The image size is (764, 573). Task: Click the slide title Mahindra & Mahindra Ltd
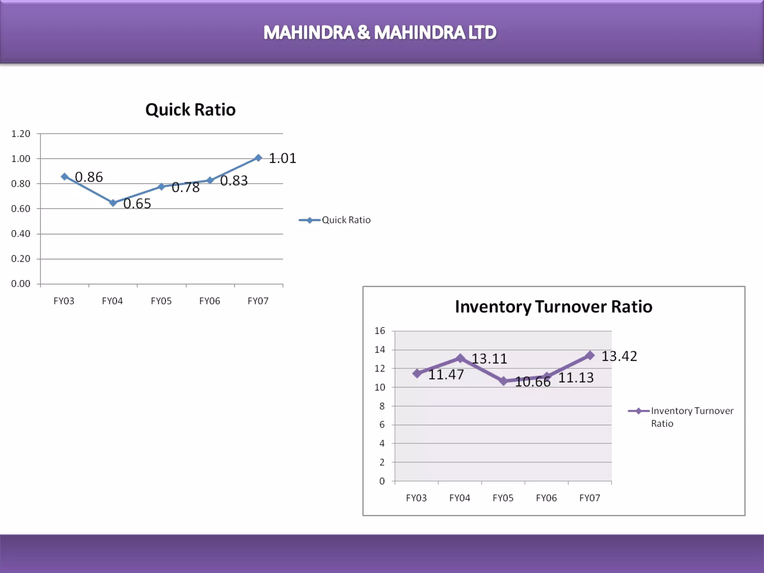point(380,32)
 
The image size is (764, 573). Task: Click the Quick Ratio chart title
point(190,110)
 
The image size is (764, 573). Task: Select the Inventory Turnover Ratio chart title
point(554,307)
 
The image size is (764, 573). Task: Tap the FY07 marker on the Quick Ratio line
point(258,158)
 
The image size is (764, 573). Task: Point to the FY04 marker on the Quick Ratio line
point(113,203)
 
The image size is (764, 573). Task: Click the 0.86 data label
point(89,177)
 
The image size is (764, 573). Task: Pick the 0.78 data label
point(185,187)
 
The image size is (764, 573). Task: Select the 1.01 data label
point(282,159)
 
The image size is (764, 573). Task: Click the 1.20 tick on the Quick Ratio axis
point(21,134)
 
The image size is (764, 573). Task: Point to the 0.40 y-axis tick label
point(21,234)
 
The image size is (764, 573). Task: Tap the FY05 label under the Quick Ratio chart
point(161,301)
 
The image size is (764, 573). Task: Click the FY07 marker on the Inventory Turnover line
point(590,356)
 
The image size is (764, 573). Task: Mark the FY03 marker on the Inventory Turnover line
point(417,373)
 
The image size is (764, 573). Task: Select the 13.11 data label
point(489,359)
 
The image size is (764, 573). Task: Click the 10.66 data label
point(532,382)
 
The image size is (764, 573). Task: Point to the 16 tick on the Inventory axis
point(380,331)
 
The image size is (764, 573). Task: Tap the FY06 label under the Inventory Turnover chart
point(546,498)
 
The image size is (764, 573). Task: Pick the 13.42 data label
point(619,356)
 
